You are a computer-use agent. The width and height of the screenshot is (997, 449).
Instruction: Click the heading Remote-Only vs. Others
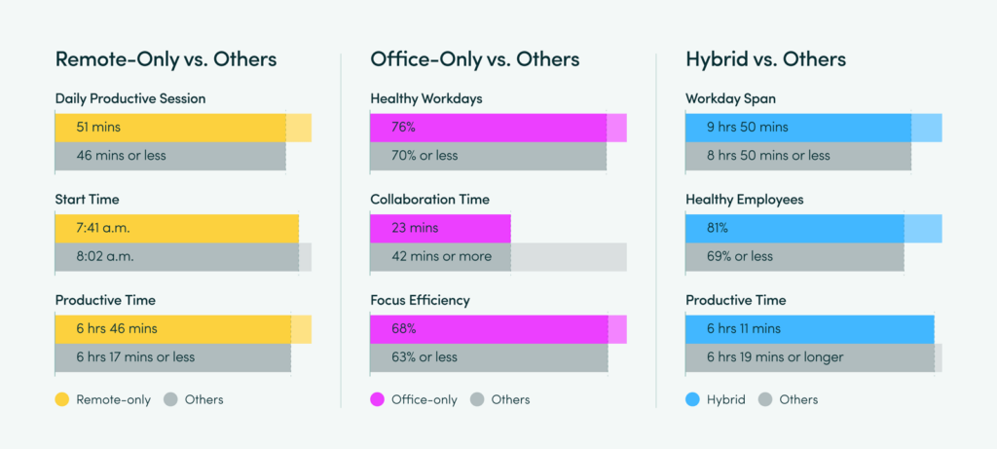166,59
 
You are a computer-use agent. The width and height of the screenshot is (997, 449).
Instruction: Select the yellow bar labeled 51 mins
170,128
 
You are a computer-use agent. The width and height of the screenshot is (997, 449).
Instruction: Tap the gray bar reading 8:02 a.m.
176,257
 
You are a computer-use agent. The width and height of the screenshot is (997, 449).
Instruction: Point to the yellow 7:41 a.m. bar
176,228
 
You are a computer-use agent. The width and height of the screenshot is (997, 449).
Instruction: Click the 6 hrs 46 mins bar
173,329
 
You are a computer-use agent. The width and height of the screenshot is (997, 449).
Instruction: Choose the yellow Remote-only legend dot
62,399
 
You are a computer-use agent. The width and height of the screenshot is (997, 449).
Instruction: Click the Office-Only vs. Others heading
474,59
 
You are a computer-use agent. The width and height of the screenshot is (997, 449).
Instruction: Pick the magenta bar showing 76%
488,128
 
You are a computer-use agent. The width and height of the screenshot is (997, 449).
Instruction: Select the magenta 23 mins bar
440,228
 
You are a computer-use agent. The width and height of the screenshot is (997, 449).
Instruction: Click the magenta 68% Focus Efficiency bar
489,329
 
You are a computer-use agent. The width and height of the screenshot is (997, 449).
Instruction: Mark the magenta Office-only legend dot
378,399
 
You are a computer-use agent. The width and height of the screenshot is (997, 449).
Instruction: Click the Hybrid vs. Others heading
765,59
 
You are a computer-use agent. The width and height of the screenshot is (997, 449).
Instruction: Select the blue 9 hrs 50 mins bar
798,128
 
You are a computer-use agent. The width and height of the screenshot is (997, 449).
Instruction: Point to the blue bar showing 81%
794,228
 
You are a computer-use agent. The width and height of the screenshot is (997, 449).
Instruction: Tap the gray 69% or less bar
794,257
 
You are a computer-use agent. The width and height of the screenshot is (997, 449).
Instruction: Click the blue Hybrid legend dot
693,399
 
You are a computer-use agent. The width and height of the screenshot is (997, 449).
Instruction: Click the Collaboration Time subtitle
429,200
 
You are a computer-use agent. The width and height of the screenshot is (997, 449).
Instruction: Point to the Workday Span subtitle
729,98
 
